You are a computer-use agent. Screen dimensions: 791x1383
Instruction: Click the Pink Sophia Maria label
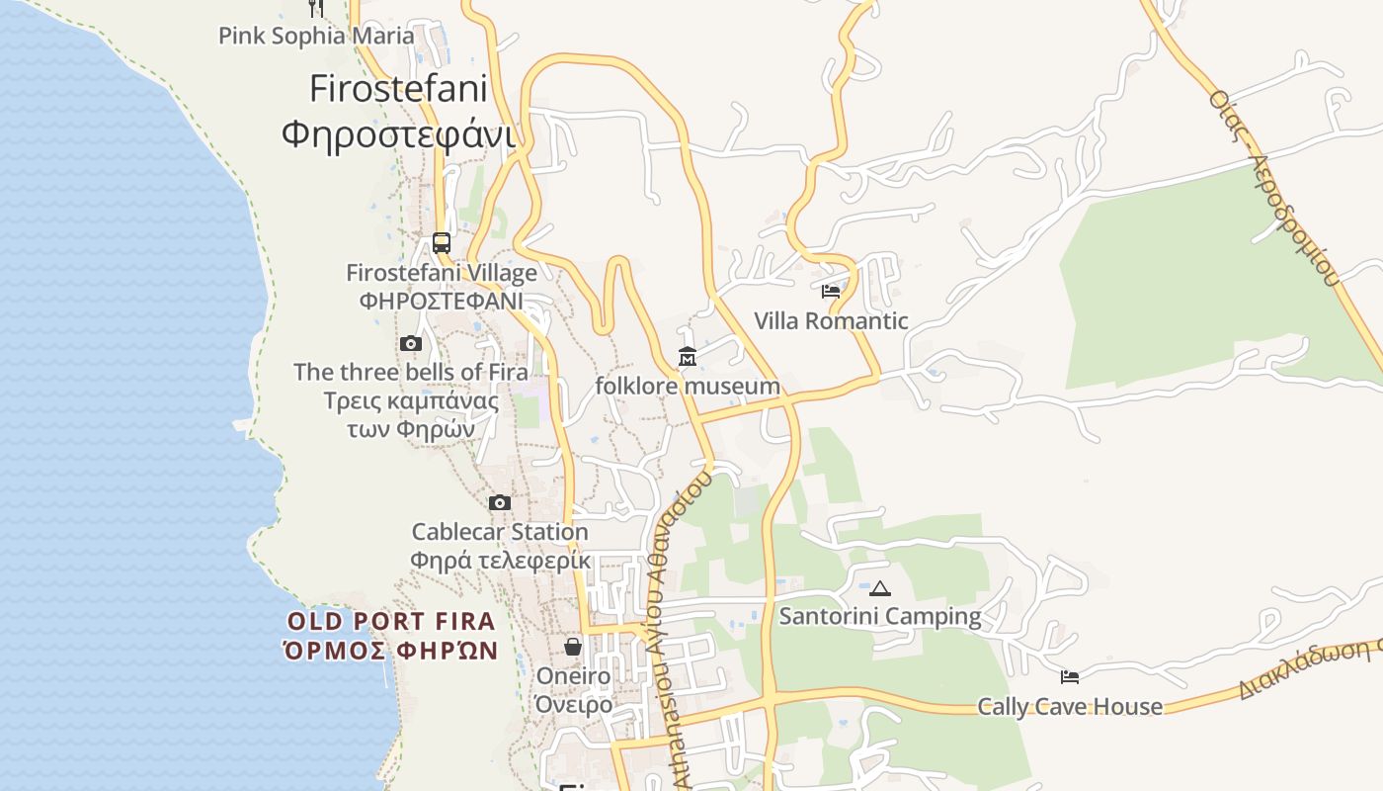point(316,37)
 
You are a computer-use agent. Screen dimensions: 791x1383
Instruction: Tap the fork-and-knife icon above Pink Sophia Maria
point(316,8)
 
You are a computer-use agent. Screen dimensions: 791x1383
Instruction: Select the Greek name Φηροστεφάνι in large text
point(398,133)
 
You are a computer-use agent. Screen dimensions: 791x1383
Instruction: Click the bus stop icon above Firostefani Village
point(442,242)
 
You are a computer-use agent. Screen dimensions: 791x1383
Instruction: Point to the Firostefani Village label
point(442,273)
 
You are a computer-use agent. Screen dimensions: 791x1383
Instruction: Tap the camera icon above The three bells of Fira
point(411,344)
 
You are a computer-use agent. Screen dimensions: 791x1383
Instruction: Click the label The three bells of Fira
point(411,372)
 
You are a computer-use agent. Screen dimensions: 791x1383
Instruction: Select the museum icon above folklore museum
point(688,357)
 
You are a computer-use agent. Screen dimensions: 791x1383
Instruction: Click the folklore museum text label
point(688,386)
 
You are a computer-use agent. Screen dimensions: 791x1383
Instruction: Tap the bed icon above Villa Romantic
point(831,292)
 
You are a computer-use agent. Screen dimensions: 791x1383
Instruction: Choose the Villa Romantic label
point(831,320)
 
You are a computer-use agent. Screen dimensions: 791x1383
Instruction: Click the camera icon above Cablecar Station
point(500,503)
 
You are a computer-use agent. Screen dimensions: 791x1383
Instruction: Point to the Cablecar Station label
point(500,532)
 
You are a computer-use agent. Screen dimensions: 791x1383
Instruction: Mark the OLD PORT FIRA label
point(391,622)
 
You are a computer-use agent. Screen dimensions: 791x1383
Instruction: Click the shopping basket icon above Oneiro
point(573,647)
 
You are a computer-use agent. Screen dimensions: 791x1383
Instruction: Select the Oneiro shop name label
point(573,676)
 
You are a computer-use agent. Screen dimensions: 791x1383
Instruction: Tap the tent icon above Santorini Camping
point(880,588)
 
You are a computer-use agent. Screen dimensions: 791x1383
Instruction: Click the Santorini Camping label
point(880,617)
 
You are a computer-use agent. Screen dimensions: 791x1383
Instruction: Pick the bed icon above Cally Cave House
point(1070,677)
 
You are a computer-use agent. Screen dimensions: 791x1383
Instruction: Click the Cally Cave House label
point(1070,706)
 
